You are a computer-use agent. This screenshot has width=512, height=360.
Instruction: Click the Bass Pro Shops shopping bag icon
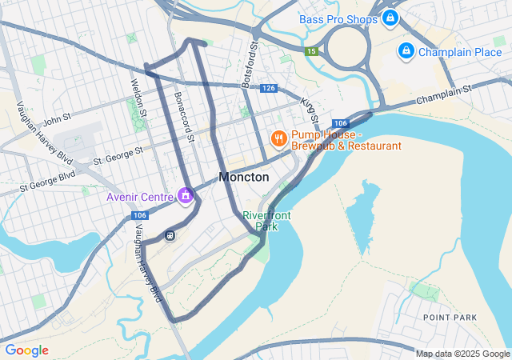click(x=390, y=18)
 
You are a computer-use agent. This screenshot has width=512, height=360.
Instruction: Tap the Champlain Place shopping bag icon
click(x=406, y=52)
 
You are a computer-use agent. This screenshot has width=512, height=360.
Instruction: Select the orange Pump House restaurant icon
click(x=278, y=139)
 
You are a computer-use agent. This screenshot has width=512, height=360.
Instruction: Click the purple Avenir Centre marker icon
click(x=186, y=195)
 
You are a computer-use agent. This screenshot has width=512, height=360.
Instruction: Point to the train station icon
click(x=170, y=234)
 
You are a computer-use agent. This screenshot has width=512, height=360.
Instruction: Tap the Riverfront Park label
click(x=266, y=221)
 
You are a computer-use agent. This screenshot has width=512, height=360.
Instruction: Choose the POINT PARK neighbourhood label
click(x=450, y=318)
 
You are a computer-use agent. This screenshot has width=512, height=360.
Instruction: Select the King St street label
click(x=309, y=110)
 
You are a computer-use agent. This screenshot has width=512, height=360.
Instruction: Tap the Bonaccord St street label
click(x=184, y=116)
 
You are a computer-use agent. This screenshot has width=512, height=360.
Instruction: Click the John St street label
click(x=58, y=120)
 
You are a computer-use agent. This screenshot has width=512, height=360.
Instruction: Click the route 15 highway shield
click(x=310, y=51)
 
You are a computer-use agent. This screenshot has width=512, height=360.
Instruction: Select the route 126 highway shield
click(x=268, y=88)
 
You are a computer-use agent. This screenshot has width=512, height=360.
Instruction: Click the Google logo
click(x=26, y=350)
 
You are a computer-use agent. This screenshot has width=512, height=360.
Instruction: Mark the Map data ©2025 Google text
click(x=462, y=354)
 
